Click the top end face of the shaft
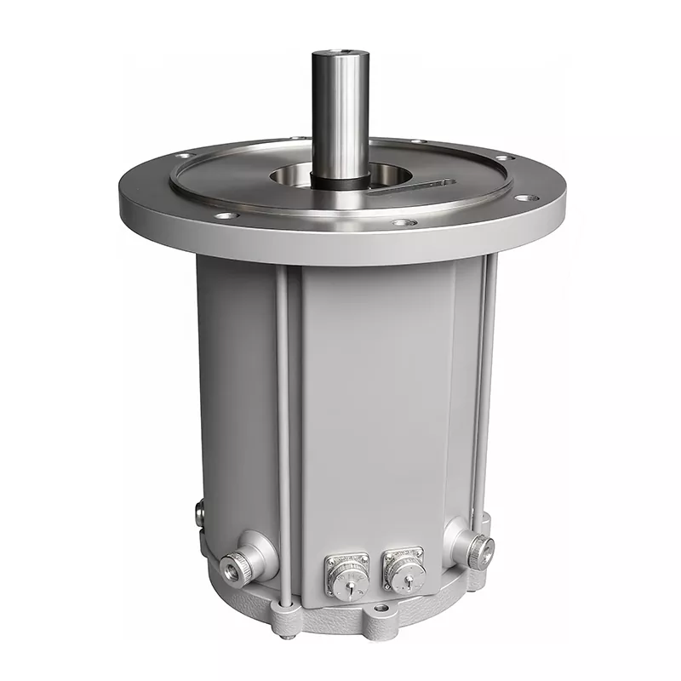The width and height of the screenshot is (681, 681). tap(340, 55)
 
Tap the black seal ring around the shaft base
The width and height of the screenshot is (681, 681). tap(340, 180)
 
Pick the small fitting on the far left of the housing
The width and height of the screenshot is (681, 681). tap(199, 513)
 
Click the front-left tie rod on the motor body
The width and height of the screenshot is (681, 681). tap(283, 426)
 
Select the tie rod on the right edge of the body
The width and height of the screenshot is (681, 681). tap(489, 383)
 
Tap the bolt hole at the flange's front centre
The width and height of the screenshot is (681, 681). tap(404, 223)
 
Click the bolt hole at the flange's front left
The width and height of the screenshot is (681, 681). tap(226, 216)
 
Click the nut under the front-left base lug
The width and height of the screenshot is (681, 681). tap(289, 632)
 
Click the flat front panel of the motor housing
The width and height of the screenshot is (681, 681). tap(375, 400)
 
